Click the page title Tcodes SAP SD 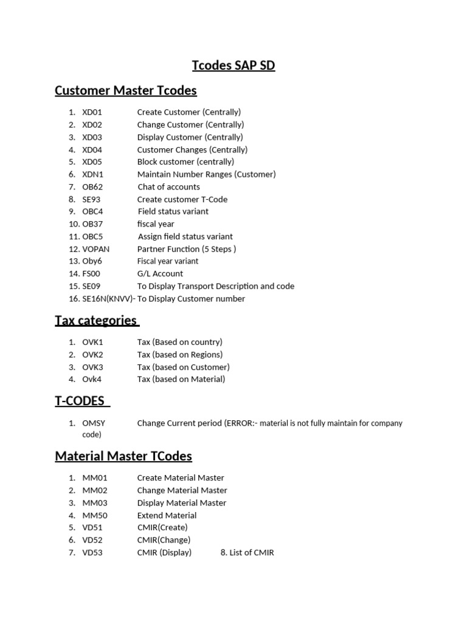(233, 66)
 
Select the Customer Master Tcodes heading (126, 91)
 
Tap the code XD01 (92, 112)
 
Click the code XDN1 (92, 174)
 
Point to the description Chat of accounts (168, 187)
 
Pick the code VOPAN (96, 249)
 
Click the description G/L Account (160, 274)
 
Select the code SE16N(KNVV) (108, 299)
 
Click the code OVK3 (93, 367)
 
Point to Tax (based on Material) (181, 379)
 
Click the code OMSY (94, 423)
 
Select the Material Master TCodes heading (123, 456)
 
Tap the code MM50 (94, 515)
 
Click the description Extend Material (167, 515)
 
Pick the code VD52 (93, 540)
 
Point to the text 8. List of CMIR (247, 553)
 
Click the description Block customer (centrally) (185, 162)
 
